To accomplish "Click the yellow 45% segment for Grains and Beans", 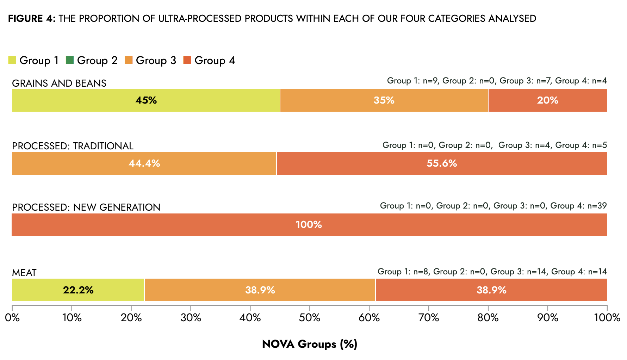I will pyautogui.click(x=146, y=100).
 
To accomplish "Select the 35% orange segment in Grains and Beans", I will pyautogui.click(x=384, y=100).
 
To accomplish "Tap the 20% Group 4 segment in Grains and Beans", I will pyautogui.click(x=548, y=100).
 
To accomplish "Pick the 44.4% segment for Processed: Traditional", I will pyautogui.click(x=144, y=163).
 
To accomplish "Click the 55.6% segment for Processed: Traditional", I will pyautogui.click(x=442, y=163).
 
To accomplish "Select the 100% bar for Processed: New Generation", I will pyautogui.click(x=309, y=225).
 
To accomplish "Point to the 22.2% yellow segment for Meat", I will pyautogui.click(x=78, y=290).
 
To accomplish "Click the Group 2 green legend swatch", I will pyautogui.click(x=70, y=60).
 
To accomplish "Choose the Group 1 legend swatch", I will pyautogui.click(x=12, y=60).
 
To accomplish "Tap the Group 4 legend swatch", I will pyautogui.click(x=187, y=60).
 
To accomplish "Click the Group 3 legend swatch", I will pyautogui.click(x=129, y=60).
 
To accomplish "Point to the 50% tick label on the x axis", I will pyautogui.click(x=309, y=318).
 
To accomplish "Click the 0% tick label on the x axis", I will pyautogui.click(x=12, y=318).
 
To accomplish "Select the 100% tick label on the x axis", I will pyautogui.click(x=607, y=318).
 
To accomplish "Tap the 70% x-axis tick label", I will pyautogui.click(x=428, y=318).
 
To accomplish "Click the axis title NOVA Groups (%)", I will pyautogui.click(x=310, y=344).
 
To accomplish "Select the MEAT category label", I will pyautogui.click(x=24, y=273).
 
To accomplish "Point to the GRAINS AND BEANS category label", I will pyautogui.click(x=59, y=83).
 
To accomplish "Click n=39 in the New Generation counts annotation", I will pyautogui.click(x=597, y=206).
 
